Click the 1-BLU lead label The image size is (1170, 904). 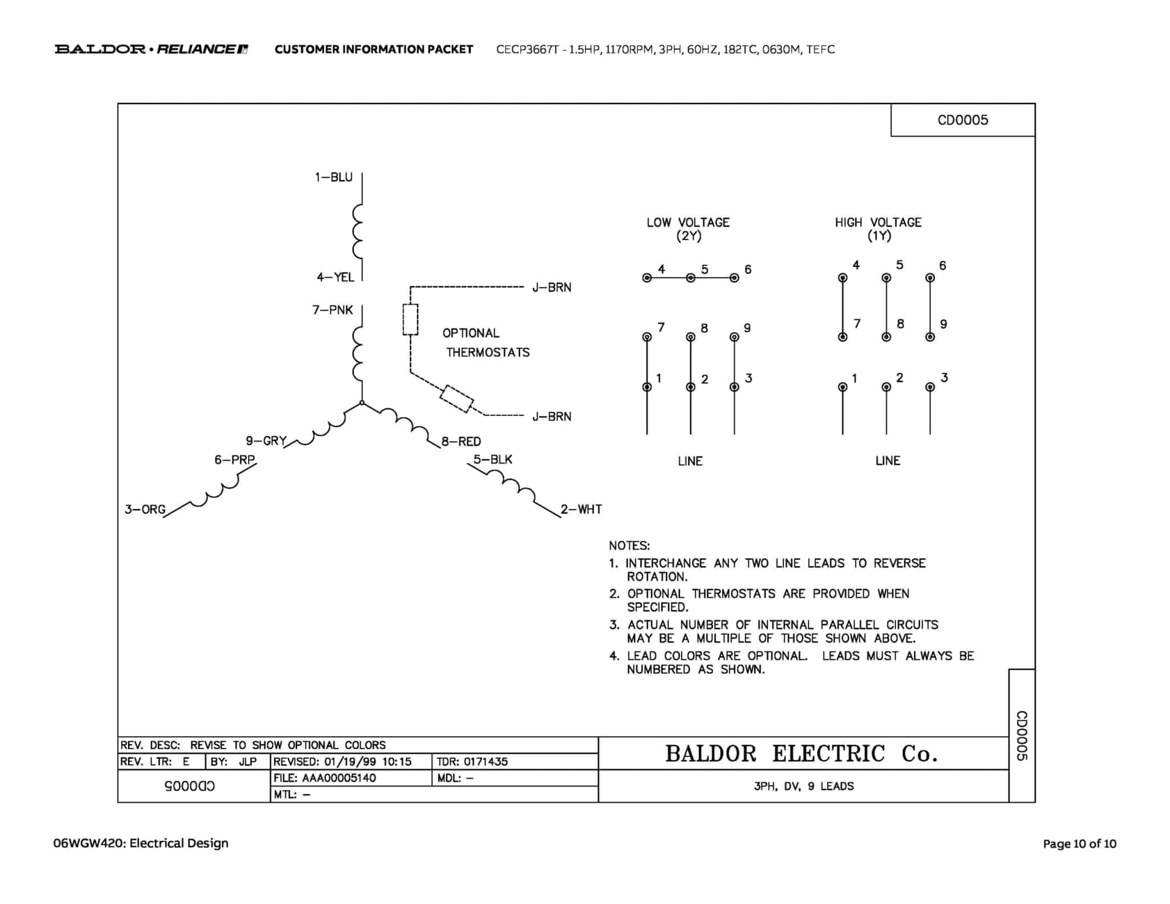point(334,177)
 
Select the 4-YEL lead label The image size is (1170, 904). point(335,277)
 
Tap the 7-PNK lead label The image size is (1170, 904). point(332,310)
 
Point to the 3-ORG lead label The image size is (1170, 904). point(145,509)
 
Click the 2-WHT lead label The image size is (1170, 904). point(581,509)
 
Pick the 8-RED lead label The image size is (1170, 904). point(461,441)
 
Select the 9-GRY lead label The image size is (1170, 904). point(266,441)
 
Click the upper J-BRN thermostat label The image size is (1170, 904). point(551,287)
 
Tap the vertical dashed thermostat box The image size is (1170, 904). point(410,319)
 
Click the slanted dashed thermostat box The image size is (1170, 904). point(456,399)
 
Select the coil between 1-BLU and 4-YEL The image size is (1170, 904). point(358,231)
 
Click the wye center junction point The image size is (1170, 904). point(362,403)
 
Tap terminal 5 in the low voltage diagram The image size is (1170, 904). point(691,278)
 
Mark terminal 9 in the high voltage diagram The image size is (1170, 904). point(930,337)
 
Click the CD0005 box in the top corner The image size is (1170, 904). point(963,120)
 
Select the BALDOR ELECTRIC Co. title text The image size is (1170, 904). point(801,754)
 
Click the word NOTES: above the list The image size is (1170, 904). point(629,546)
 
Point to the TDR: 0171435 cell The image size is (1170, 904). point(472,762)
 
